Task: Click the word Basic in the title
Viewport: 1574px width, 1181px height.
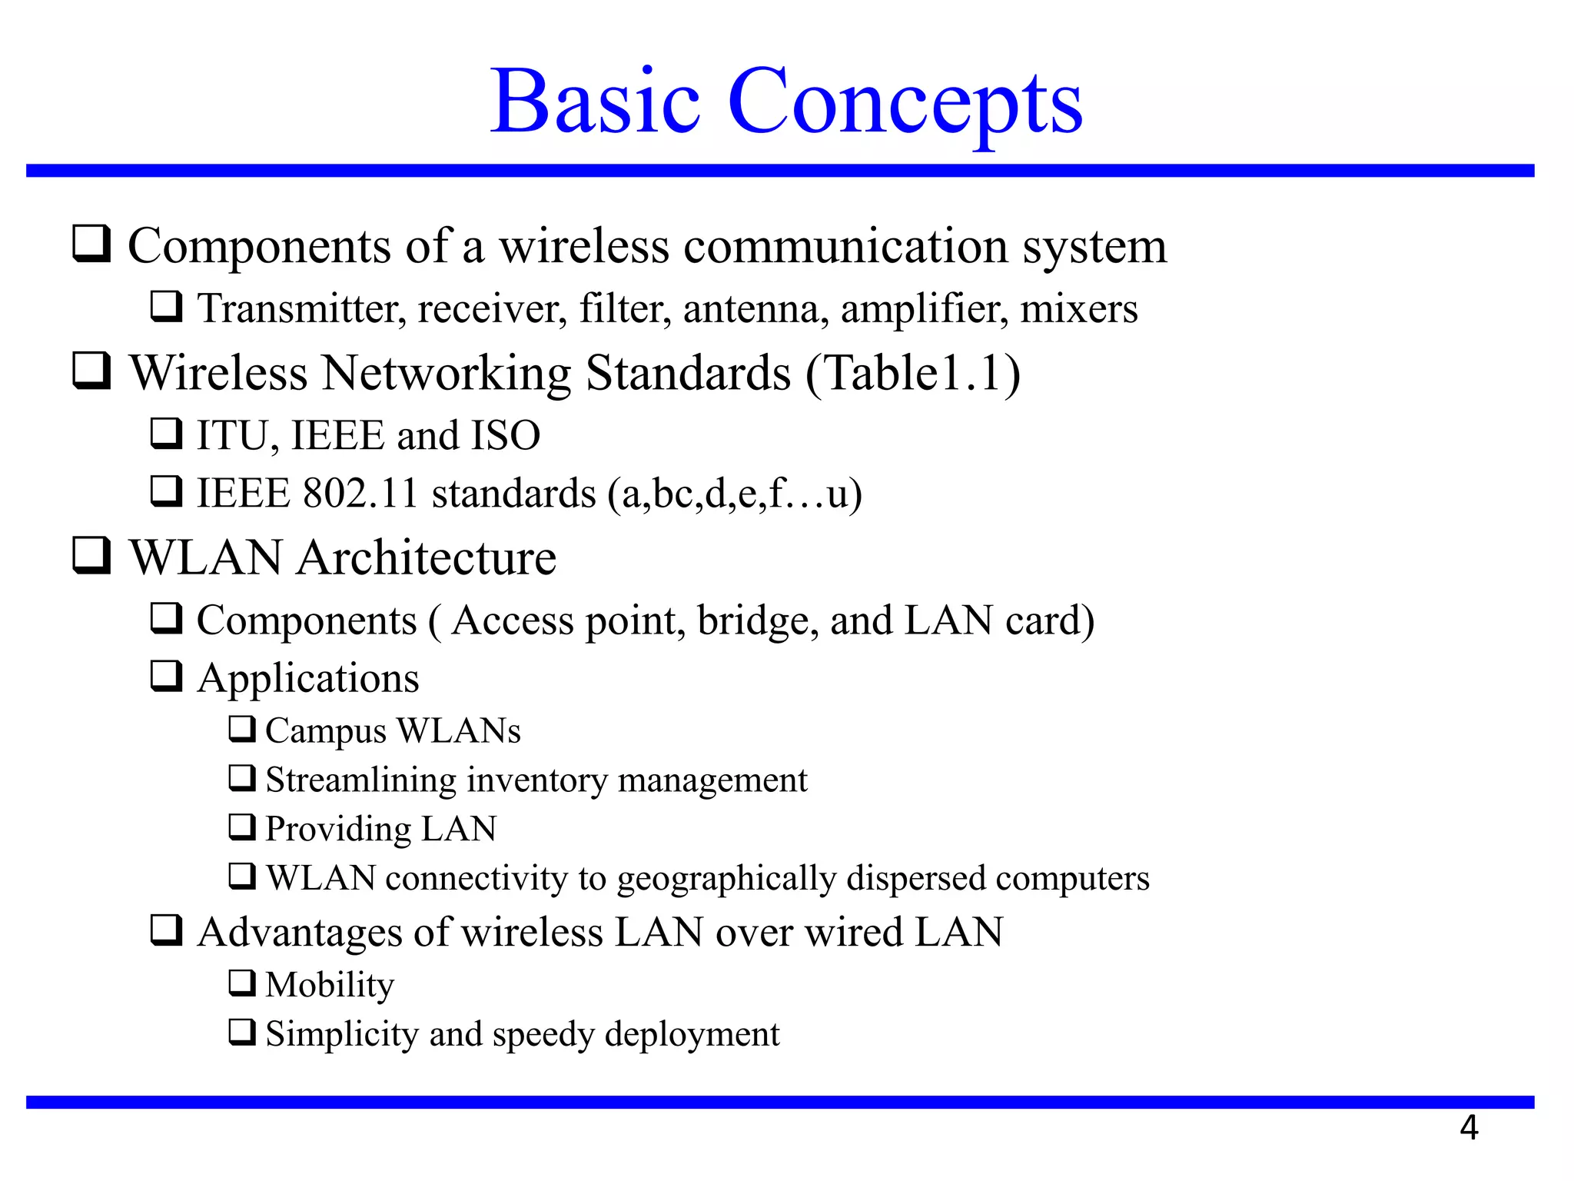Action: pyautogui.click(x=596, y=102)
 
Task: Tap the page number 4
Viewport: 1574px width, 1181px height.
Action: pyautogui.click(x=1469, y=1128)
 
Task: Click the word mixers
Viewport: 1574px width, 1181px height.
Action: pyautogui.click(x=1078, y=309)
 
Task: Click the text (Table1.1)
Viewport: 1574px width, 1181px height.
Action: pyautogui.click(x=913, y=374)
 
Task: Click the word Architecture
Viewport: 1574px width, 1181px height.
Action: pyautogui.click(x=427, y=558)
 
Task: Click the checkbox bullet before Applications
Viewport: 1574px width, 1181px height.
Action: pyautogui.click(x=166, y=677)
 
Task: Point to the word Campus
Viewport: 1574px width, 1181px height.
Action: pyautogui.click(x=325, y=731)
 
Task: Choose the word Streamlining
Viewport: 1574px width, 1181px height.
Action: pyautogui.click(x=360, y=780)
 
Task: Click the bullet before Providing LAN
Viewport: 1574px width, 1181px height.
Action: pyautogui.click(x=242, y=827)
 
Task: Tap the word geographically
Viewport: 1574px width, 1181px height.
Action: pyautogui.click(x=726, y=879)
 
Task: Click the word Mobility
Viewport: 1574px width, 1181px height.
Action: pyautogui.click(x=330, y=985)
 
